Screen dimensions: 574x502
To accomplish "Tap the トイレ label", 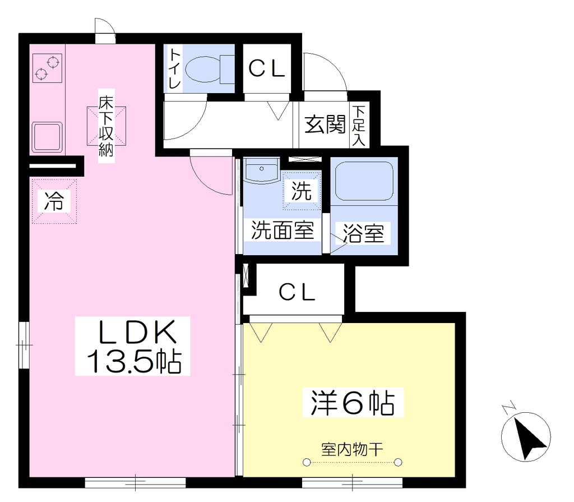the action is pyautogui.click(x=175, y=69).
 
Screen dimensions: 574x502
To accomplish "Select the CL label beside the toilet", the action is pyautogui.click(x=266, y=68).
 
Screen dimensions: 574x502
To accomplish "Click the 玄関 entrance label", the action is pyautogui.click(x=325, y=124).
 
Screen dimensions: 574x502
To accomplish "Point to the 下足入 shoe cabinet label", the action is pyautogui.click(x=359, y=126).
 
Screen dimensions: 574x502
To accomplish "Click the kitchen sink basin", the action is pyautogui.click(x=47, y=137).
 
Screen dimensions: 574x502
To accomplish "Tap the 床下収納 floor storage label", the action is pyautogui.click(x=106, y=126).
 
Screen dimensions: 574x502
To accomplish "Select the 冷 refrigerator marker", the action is pyautogui.click(x=54, y=201).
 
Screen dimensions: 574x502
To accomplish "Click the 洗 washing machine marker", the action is pyautogui.click(x=301, y=191).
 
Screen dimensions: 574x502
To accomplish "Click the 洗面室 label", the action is pyautogui.click(x=283, y=231).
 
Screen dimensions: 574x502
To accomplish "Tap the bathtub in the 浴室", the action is pyautogui.click(x=364, y=181).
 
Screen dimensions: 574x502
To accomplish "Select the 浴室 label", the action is pyautogui.click(x=363, y=233).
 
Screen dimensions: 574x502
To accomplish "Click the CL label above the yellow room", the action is pyautogui.click(x=297, y=292).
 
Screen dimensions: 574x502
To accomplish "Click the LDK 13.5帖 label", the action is pyautogui.click(x=133, y=346).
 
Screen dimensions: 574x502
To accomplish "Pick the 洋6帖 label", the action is pyautogui.click(x=353, y=403).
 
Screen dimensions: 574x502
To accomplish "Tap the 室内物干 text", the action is pyautogui.click(x=352, y=449).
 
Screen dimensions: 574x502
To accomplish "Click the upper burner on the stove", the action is pyautogui.click(x=53, y=62).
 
